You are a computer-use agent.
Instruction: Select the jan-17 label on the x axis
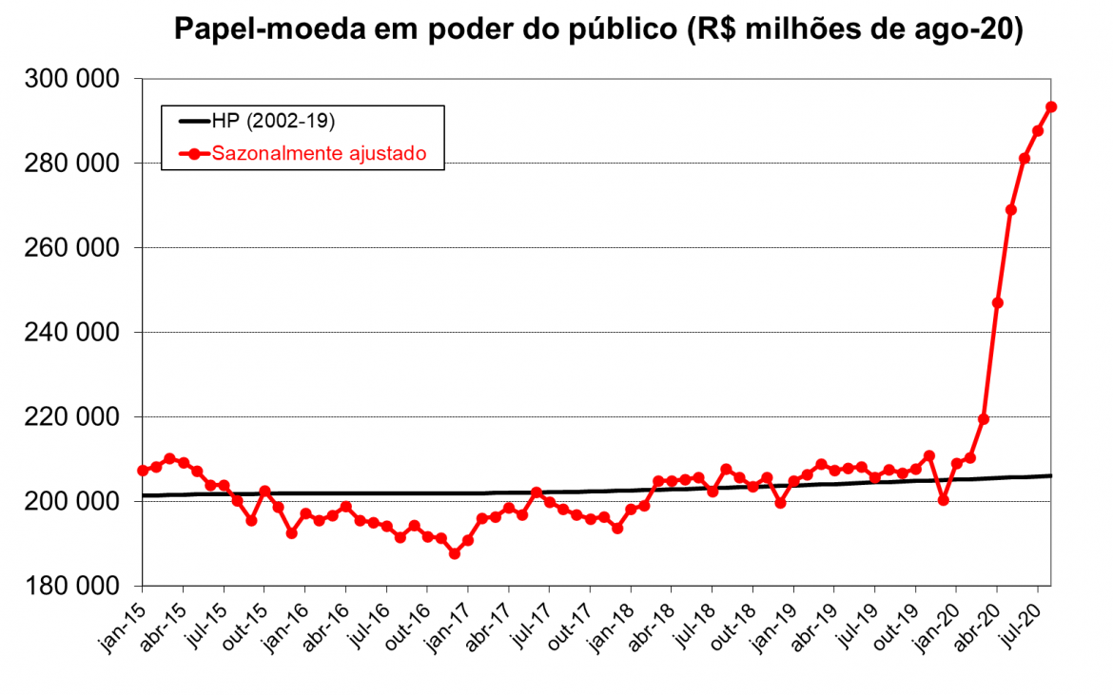446,627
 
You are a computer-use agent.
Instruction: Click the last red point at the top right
1051,106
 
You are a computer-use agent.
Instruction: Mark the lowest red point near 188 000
455,553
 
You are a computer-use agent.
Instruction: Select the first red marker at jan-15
143,470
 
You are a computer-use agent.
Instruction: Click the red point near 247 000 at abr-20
997,302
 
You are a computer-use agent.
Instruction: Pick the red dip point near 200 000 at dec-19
943,499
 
